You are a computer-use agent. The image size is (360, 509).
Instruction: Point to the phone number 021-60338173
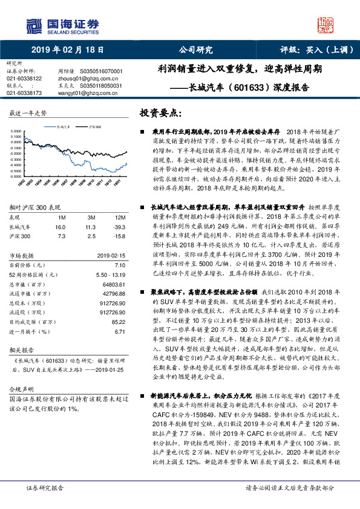click(24, 93)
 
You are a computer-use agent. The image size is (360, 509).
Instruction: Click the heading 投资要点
click(160, 113)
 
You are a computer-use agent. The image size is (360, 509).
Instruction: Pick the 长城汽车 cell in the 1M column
click(60, 225)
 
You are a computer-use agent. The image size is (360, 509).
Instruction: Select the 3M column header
click(91, 217)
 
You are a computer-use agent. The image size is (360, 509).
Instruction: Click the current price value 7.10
click(119, 265)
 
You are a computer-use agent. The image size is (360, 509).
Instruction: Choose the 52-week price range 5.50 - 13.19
click(110, 274)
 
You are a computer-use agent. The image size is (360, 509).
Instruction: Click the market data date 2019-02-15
click(110, 256)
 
